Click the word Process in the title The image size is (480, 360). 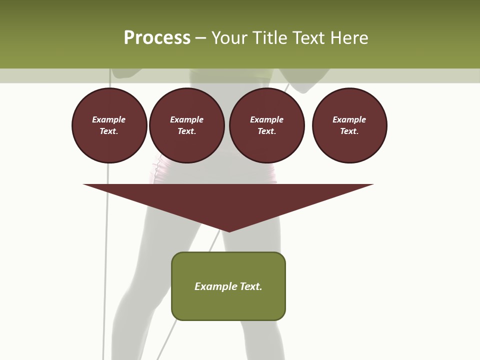[157, 37]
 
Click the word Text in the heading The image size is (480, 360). [308, 37]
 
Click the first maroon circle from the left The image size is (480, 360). [109, 125]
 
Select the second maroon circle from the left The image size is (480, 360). [187, 125]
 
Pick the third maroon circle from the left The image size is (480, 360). [267, 125]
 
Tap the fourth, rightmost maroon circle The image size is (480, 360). [349, 125]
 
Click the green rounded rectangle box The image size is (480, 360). [228, 286]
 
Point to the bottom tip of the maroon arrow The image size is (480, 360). [228, 232]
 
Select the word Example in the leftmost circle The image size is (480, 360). [108, 119]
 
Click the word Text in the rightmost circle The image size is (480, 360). [349, 131]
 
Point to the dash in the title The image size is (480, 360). [200, 38]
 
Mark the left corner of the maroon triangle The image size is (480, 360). [83, 184]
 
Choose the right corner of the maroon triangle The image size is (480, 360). [374, 184]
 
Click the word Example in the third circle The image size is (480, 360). [266, 119]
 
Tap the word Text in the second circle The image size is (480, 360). [186, 131]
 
